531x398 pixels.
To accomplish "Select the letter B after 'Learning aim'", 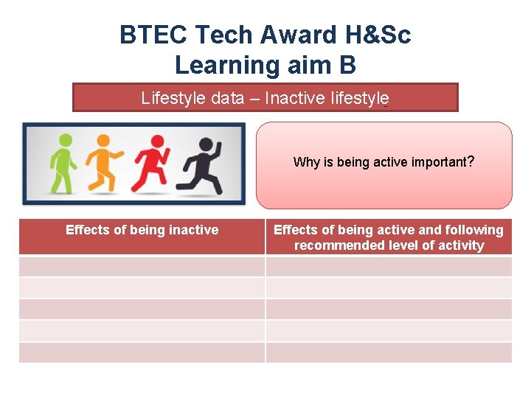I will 347,66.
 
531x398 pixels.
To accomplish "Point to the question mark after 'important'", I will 470,161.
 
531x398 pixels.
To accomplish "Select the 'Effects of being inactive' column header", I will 142,230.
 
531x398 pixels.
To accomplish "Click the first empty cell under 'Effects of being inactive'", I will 142,266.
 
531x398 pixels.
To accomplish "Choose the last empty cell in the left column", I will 142,352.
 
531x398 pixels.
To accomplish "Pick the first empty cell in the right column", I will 389,266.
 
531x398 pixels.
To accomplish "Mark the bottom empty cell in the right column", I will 389,352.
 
